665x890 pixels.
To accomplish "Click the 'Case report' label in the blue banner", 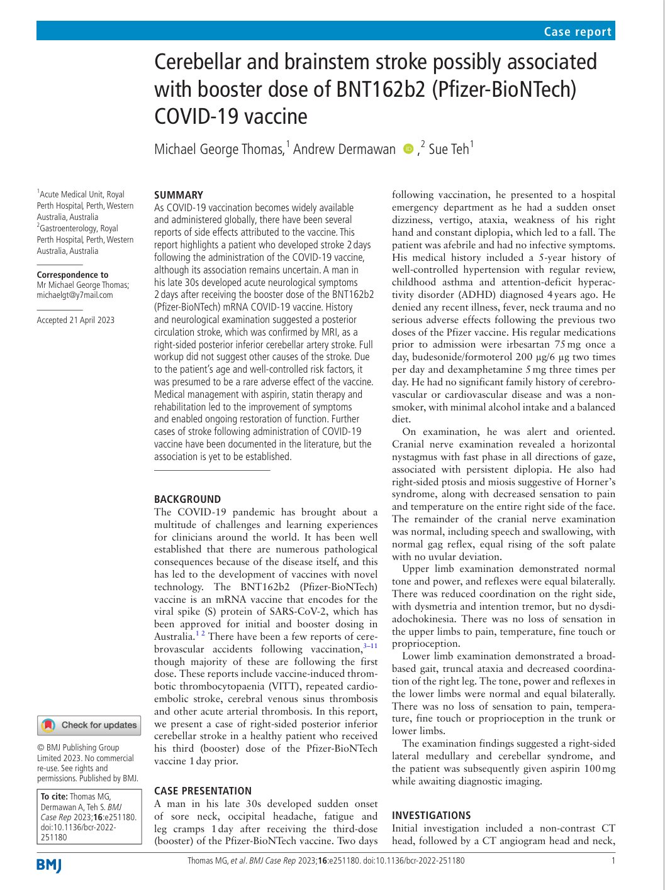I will pos(578,31).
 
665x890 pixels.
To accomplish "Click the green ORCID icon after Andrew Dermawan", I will pos(408,149).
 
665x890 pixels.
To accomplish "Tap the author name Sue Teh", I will pos(449,149).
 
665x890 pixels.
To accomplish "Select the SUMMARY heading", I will pos(179,195).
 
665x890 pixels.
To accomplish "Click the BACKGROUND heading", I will pos(187,499).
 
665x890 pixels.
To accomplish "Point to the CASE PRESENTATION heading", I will pos(203,791).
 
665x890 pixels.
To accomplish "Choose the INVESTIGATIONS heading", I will pos(431,815).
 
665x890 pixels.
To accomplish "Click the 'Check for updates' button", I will pos(89,725).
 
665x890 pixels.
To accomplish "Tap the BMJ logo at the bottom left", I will pos(49,865).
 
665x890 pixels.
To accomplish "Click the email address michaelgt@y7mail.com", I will pos(75,295).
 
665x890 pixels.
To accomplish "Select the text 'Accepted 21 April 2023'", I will pos(75,320).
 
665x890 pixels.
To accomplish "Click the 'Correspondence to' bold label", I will pos(72,275).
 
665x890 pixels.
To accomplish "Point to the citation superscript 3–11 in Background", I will pos(370,646).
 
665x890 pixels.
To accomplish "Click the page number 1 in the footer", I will pos(613,860).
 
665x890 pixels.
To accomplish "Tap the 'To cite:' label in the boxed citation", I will pos(54,796).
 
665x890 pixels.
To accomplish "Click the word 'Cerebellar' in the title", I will pos(198,62).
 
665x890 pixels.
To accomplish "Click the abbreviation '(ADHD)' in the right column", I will pos(498,294).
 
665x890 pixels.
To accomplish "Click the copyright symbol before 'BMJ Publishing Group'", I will pos(41,747).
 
